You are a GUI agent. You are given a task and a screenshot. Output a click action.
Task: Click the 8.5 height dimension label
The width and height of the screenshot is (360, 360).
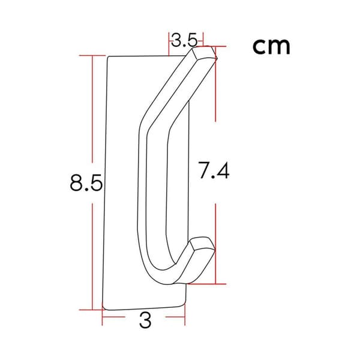click(86, 182)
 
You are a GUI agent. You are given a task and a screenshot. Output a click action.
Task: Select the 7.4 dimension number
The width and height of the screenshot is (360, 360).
click(214, 170)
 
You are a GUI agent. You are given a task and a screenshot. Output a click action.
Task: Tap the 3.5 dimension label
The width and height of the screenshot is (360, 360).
click(184, 40)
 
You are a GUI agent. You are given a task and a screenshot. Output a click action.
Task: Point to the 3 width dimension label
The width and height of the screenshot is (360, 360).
click(145, 320)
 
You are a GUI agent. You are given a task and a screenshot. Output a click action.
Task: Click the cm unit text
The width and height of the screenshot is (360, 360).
click(271, 46)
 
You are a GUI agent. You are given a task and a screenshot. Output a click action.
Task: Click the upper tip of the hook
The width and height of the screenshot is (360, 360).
click(205, 52)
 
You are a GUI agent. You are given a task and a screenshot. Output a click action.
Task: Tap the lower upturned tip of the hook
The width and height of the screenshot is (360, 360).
click(202, 244)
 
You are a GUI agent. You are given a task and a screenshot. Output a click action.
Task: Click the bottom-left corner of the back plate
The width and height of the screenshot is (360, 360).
click(103, 309)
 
